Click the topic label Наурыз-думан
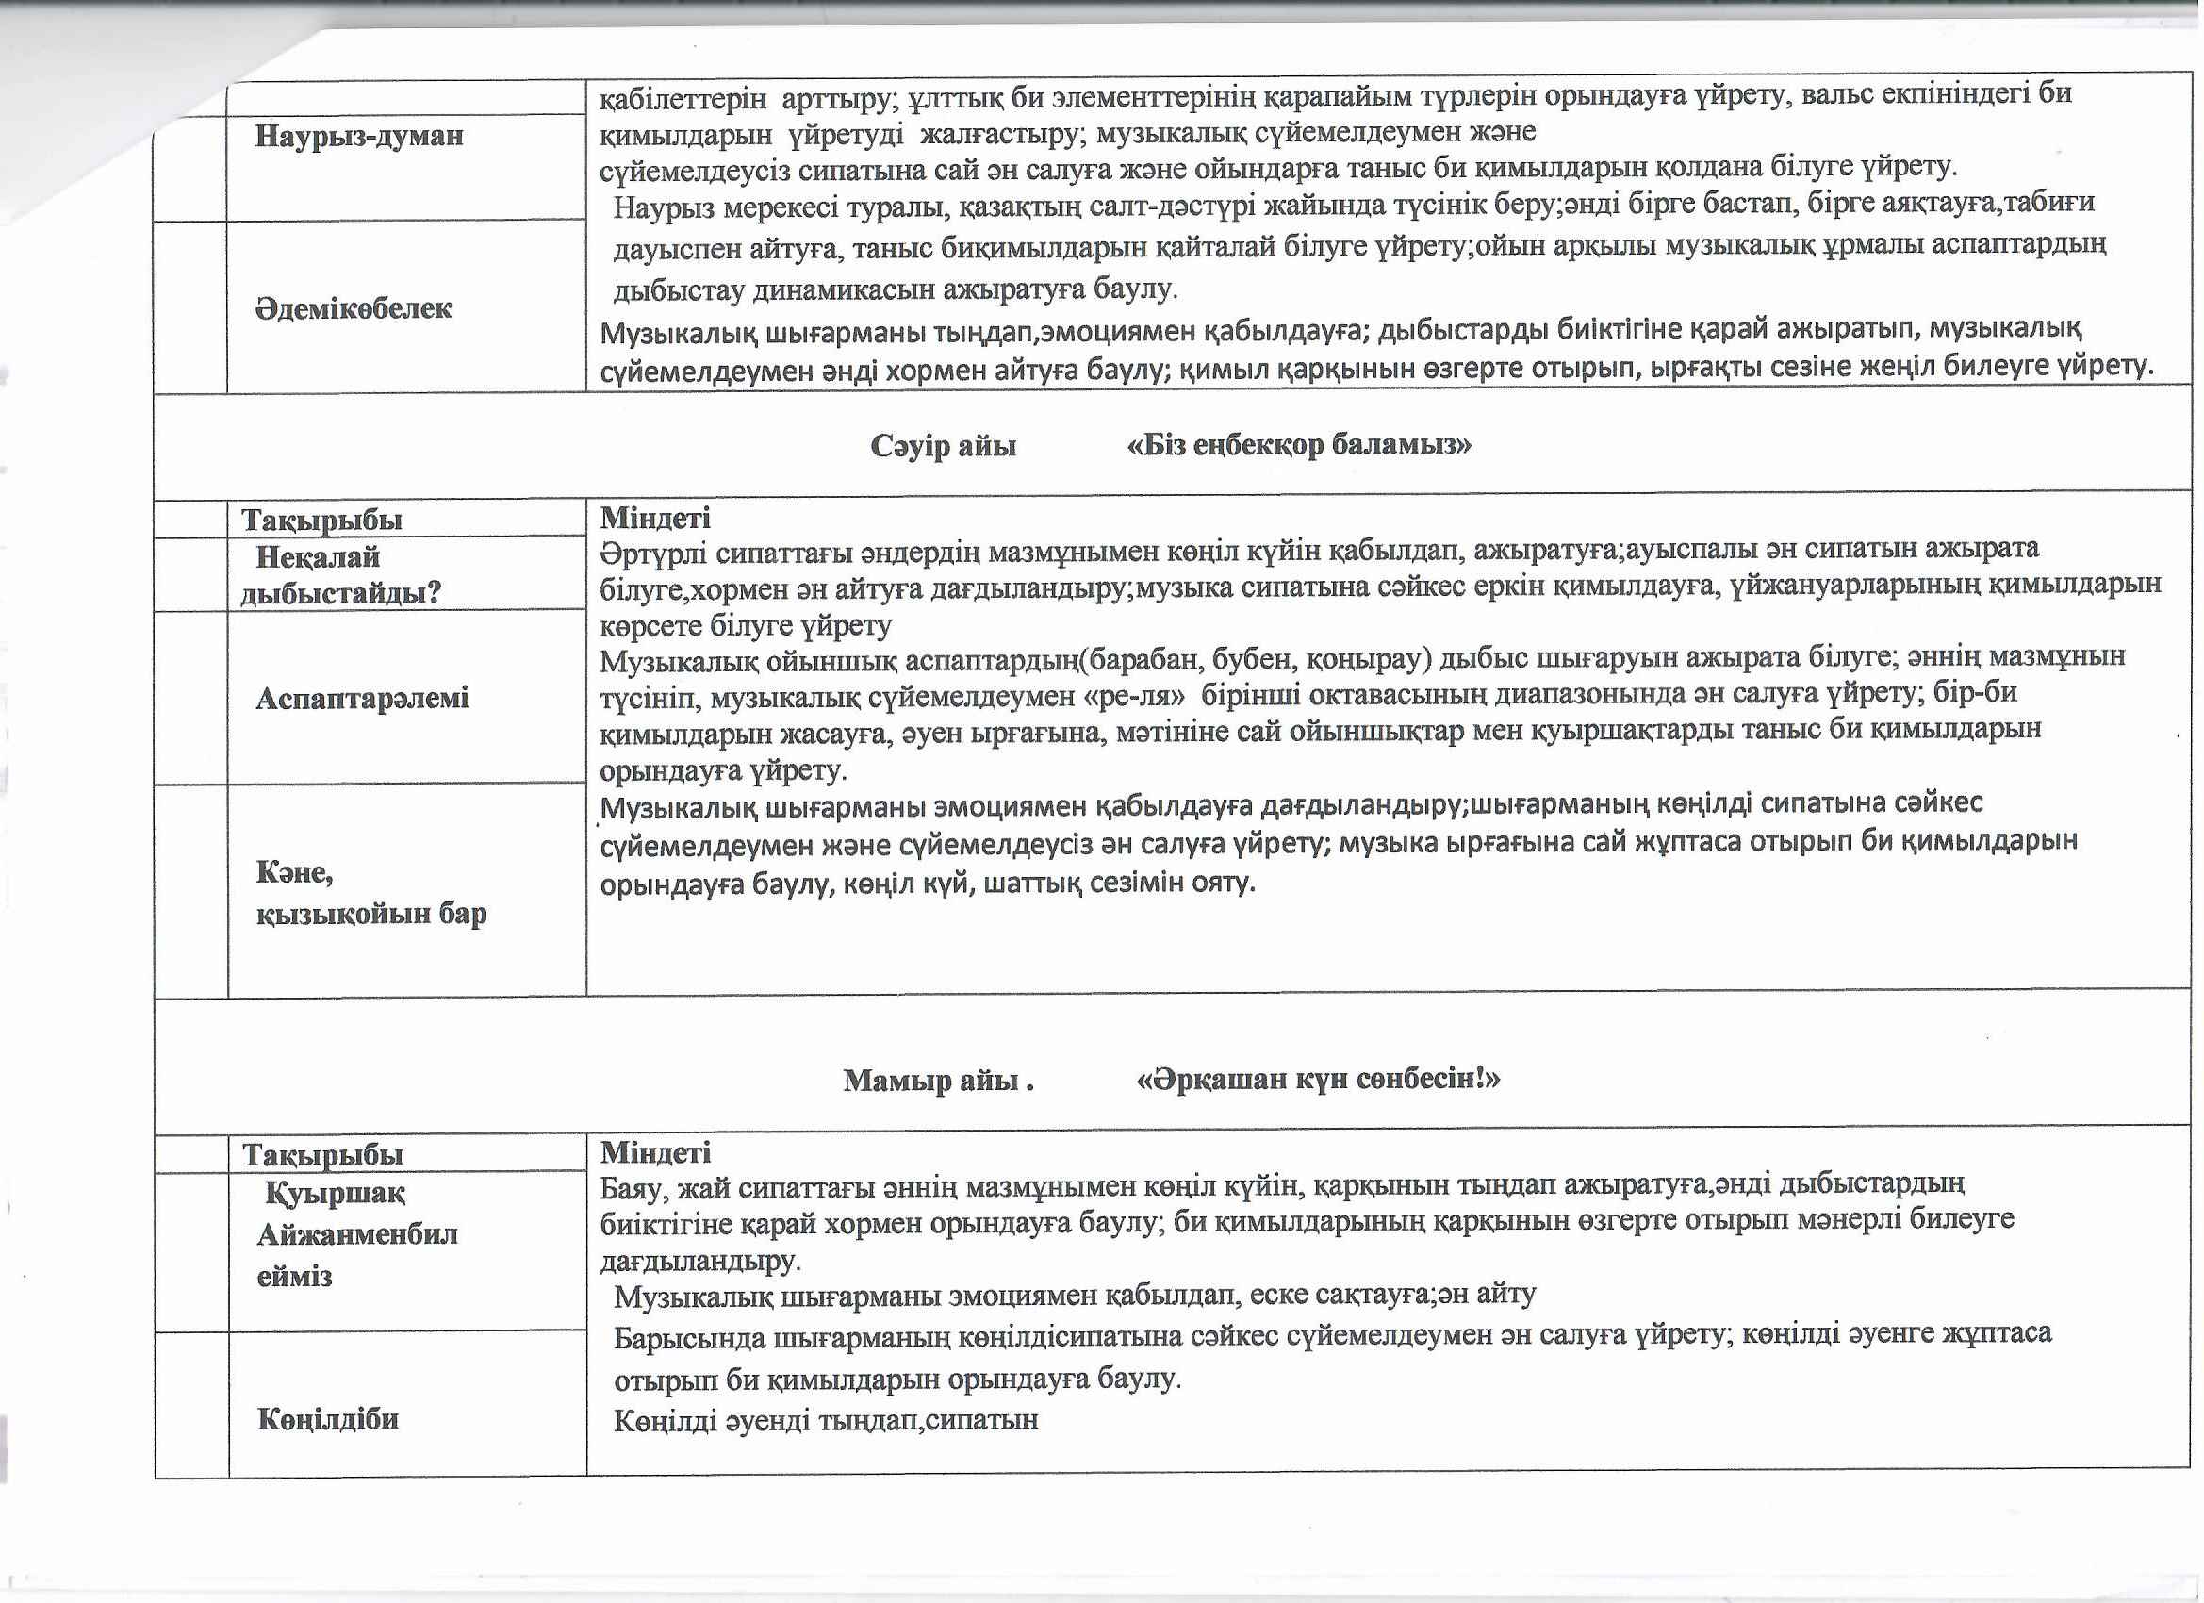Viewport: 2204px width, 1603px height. tap(358, 135)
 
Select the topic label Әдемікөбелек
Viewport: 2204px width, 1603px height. tap(354, 309)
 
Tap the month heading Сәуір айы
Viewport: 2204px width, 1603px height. tap(943, 446)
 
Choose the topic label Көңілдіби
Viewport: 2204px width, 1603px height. tap(327, 1420)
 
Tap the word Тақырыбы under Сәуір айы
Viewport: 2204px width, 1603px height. tap(321, 521)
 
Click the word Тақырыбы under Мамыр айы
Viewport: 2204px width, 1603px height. tap(322, 1155)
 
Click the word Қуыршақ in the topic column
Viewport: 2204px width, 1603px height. tap(336, 1193)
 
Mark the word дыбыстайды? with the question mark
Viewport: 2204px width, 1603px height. tap(340, 593)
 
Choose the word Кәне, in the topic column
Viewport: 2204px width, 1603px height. tap(294, 873)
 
